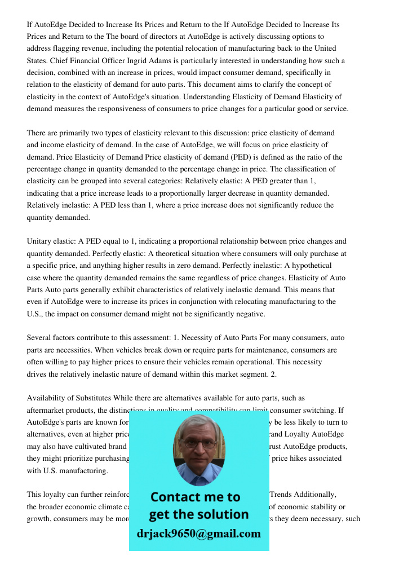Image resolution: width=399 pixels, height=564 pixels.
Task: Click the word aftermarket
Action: (48, 410)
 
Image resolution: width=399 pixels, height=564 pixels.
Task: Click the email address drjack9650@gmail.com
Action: (198, 534)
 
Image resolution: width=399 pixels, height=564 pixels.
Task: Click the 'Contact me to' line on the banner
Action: (195, 497)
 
